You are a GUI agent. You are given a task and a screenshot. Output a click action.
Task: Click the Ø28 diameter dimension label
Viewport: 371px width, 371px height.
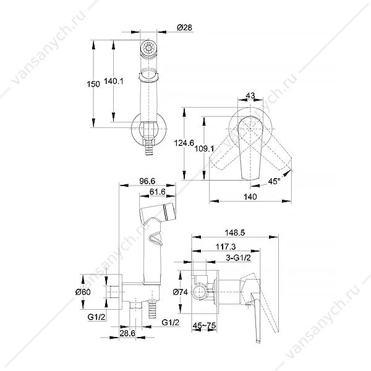pyautogui.click(x=184, y=27)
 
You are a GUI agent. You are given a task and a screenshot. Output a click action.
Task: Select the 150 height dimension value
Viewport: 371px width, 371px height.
pyautogui.click(x=93, y=83)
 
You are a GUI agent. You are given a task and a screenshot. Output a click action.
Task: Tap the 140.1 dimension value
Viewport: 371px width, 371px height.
pyautogui.click(x=114, y=82)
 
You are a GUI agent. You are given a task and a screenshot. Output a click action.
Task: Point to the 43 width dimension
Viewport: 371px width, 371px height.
pyautogui.click(x=250, y=95)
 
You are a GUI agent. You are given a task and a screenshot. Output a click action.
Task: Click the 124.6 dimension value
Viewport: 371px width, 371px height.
pyautogui.click(x=184, y=143)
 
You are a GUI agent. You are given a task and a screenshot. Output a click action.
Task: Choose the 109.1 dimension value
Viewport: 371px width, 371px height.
pyautogui.click(x=204, y=148)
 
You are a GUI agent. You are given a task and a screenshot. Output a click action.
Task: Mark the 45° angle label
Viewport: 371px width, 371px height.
pyautogui.click(x=274, y=181)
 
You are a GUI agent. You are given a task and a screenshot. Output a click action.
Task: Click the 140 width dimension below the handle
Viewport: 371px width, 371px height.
pyautogui.click(x=250, y=197)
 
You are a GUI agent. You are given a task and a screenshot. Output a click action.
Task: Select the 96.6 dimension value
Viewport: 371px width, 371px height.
pyautogui.click(x=147, y=181)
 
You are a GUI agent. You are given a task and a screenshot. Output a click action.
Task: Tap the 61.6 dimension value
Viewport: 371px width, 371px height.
pyautogui.click(x=157, y=192)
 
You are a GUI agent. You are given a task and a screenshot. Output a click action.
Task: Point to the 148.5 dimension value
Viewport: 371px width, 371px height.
pyautogui.click(x=234, y=232)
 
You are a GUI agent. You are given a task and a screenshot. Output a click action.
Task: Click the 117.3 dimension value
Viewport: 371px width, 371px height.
pyautogui.click(x=226, y=247)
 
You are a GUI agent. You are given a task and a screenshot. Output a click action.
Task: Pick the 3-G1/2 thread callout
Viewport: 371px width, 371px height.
pyautogui.click(x=238, y=257)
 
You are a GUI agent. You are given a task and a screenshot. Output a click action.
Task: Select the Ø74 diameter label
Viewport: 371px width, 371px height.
pyautogui.click(x=181, y=292)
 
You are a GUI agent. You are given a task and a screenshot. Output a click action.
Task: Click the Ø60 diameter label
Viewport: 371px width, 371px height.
pyautogui.click(x=83, y=292)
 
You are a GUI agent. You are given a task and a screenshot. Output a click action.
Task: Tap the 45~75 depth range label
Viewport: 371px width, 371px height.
pyautogui.click(x=204, y=326)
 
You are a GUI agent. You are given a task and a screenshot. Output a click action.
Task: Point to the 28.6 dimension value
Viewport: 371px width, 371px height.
pyautogui.click(x=127, y=333)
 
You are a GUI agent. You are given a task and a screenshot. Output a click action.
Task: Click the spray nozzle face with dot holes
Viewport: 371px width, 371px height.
pyautogui.click(x=148, y=48)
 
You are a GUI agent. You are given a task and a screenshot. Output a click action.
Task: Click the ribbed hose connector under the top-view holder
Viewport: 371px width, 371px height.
pyautogui.click(x=148, y=147)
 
